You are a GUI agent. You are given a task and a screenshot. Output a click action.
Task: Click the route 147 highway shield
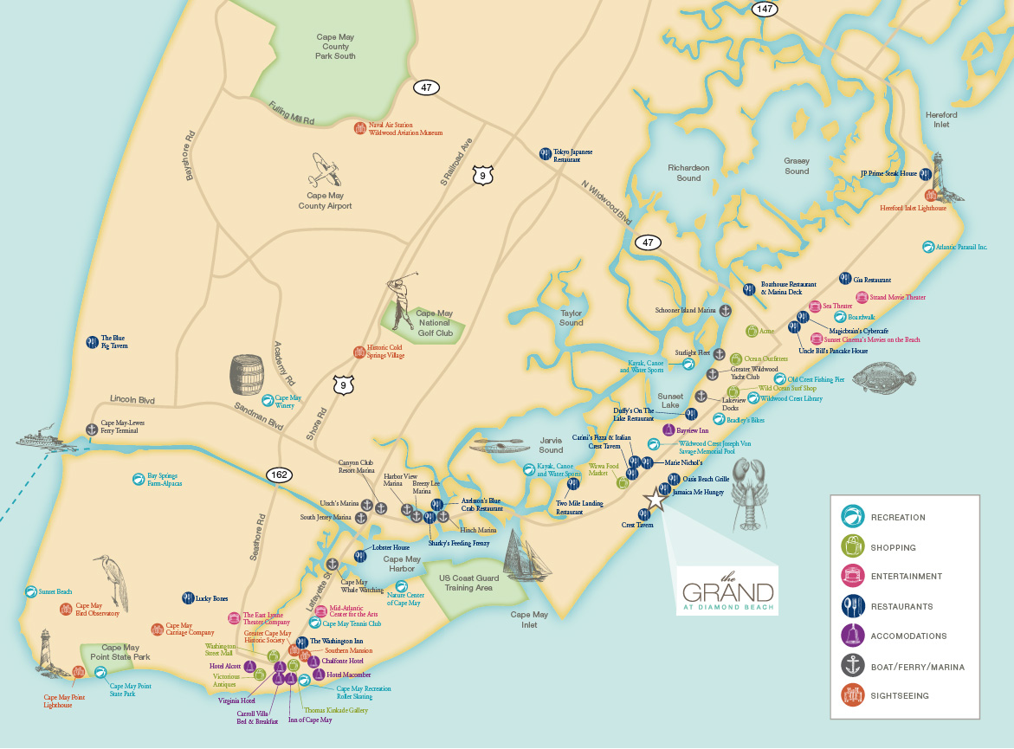764,9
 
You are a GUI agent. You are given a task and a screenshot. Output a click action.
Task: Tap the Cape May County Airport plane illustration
325,171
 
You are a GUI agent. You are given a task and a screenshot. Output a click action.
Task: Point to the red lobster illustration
751,494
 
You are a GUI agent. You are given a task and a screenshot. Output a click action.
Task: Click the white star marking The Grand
656,499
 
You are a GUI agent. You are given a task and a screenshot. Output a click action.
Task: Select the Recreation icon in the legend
853,517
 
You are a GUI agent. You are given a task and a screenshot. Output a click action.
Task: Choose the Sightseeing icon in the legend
853,695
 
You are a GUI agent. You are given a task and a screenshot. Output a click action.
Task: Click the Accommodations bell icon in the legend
853,636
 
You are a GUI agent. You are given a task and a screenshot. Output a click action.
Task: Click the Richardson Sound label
688,173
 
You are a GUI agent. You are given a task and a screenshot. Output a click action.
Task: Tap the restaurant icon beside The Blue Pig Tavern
92,342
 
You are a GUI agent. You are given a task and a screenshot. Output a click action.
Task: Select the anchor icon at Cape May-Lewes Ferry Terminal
92,428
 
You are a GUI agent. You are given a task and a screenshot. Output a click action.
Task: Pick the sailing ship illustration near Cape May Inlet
525,556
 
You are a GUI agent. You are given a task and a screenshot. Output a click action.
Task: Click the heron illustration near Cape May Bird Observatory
114,581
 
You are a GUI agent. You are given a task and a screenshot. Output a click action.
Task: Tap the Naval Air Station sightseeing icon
359,128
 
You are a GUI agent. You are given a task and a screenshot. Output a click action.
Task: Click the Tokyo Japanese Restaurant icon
545,153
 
